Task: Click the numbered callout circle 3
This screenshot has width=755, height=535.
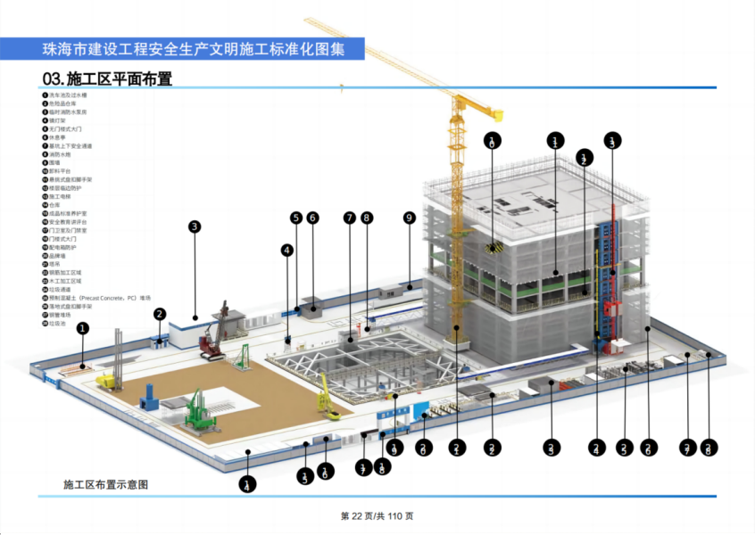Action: (195, 226)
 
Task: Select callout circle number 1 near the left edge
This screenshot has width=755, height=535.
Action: (82, 328)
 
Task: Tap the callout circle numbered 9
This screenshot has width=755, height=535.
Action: (410, 218)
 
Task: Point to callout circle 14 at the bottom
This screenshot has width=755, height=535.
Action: (246, 485)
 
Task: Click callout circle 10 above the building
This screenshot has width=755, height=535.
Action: (493, 140)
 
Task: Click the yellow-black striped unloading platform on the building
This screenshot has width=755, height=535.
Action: (494, 247)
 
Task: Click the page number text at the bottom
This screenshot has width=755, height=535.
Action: (377, 516)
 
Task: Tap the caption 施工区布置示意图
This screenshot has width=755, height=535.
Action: (105, 485)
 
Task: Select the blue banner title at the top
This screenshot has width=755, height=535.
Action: (182, 49)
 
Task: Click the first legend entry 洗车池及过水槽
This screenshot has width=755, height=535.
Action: (68, 95)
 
